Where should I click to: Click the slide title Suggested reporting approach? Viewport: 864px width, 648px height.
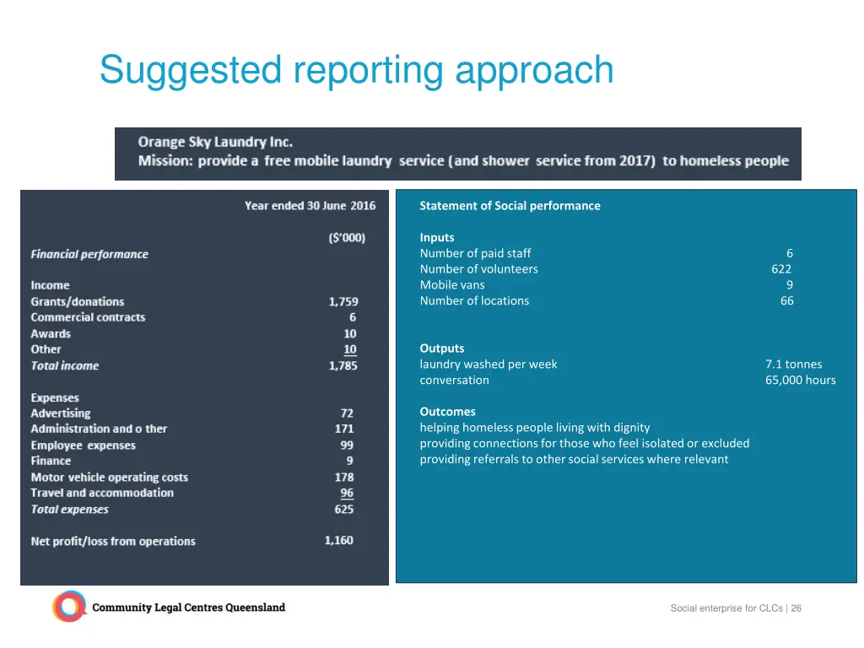[356, 70]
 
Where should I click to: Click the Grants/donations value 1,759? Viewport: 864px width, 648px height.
[343, 301]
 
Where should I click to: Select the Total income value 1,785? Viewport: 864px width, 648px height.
[343, 365]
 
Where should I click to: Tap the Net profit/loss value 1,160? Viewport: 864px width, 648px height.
[339, 541]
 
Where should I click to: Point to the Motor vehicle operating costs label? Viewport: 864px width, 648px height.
[110, 478]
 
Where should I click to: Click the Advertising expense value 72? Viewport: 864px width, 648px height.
[347, 413]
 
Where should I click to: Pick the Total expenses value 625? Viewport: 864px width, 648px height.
[344, 510]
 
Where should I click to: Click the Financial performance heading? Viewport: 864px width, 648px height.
[89, 254]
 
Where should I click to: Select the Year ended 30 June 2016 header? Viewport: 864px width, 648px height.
[310, 206]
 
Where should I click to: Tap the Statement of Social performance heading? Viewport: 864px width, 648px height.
[510, 206]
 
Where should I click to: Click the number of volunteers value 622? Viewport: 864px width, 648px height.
[781, 269]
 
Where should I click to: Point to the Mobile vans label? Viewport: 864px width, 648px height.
[452, 285]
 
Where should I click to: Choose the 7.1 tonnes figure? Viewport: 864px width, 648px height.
[793, 364]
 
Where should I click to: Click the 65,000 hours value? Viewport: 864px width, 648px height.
[800, 381]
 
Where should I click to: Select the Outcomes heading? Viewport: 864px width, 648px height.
[447, 412]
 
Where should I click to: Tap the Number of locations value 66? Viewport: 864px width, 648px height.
[786, 301]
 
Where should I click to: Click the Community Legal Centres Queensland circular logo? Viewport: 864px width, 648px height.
[69, 607]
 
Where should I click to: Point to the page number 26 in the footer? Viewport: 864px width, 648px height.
[796, 608]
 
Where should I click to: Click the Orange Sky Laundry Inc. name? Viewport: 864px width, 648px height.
[215, 143]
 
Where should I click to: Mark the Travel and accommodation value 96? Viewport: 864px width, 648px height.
[347, 494]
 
